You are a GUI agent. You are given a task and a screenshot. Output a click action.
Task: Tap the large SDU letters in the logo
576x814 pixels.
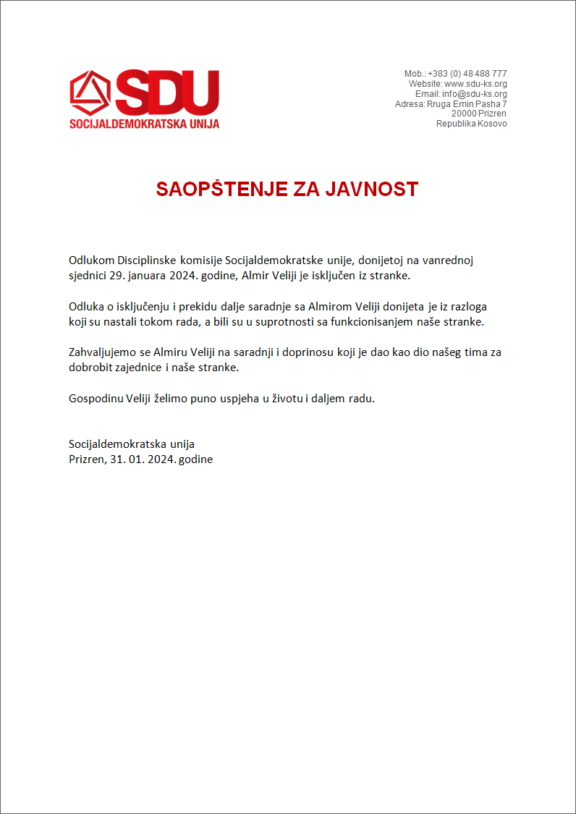coord(166,92)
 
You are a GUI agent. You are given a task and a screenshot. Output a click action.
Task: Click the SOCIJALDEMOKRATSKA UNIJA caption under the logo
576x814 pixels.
coord(144,124)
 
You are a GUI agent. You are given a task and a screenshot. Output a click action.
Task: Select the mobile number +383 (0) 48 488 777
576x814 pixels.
coord(467,74)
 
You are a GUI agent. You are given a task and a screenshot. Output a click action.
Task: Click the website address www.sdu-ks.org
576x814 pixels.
coord(475,84)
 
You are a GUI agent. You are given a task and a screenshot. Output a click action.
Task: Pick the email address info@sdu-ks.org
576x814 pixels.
coord(474,94)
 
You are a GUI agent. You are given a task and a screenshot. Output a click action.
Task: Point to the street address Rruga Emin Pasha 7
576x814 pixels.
coord(467,104)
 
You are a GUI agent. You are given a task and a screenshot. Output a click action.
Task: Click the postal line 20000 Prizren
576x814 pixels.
coord(478,114)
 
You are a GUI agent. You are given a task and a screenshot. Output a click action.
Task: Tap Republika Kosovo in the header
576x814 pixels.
coord(471,124)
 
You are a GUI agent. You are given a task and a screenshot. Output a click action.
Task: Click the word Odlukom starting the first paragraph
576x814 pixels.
coord(91,260)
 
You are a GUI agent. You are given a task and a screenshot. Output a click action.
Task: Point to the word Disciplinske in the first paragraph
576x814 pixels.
coord(148,260)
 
